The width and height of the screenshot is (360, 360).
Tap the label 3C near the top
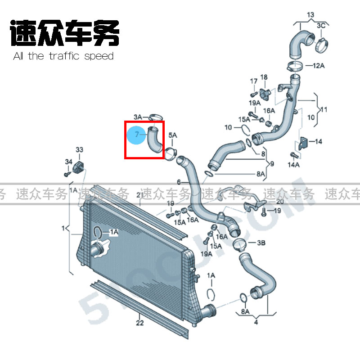point(320,26)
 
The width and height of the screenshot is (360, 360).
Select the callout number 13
point(310,15)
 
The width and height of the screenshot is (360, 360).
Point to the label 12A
point(319,66)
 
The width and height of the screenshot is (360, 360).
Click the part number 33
point(79,150)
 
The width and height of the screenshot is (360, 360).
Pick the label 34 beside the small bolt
point(68,162)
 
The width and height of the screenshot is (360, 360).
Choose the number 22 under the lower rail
point(139,323)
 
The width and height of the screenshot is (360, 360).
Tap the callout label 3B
point(261,243)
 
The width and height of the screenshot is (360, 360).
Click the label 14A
point(293,165)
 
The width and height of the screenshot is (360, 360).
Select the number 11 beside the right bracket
point(324,109)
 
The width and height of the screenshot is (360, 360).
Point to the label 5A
point(173,135)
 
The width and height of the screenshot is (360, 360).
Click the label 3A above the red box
point(137,117)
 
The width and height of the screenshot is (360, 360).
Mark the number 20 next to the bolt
point(280,201)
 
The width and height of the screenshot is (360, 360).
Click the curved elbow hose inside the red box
point(155,140)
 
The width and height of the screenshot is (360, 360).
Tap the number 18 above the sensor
point(264,77)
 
